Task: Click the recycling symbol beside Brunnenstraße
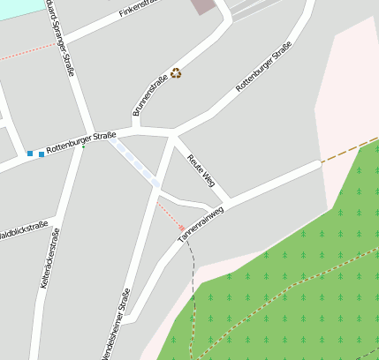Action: click(x=176, y=73)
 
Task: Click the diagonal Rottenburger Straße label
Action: click(x=263, y=67)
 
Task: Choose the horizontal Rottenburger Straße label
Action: click(x=81, y=143)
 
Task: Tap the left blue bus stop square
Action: click(x=30, y=154)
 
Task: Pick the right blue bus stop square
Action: click(x=41, y=154)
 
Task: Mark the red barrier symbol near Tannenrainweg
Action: click(x=182, y=228)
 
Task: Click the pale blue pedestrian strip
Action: click(x=135, y=163)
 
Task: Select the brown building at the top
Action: click(x=203, y=6)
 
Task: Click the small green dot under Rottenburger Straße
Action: click(x=83, y=147)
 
